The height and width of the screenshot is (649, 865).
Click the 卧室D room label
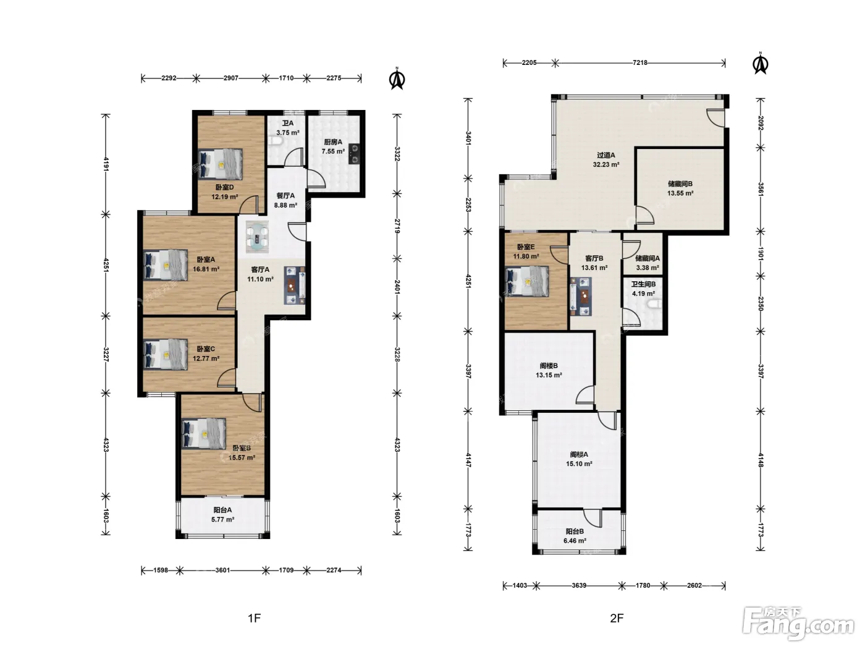pos(225,187)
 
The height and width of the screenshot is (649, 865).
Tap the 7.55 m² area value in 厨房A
pos(333,151)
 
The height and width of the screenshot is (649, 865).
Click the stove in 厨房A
pos(355,154)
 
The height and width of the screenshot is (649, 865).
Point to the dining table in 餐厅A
pos(257,237)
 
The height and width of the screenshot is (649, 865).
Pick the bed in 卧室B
pos(204,434)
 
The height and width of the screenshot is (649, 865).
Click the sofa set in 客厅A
pos(295,286)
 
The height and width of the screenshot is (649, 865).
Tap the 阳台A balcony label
pos(222,510)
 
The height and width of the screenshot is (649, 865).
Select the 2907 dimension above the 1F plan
pos(231,78)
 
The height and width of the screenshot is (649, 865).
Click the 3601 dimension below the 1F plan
pos(222,570)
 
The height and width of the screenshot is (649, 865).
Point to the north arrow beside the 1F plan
pos(397,79)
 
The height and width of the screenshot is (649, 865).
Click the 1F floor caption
pos(254,618)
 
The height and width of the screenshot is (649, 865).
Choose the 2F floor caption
pos(617,618)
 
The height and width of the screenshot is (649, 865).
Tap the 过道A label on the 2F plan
pos(605,155)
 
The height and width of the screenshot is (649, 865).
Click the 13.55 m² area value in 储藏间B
pos(680,193)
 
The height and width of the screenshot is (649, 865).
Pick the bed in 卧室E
pos(527,282)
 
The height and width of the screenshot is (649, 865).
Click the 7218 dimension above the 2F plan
pos(640,62)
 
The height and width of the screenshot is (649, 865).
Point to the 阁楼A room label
pos(579,454)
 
